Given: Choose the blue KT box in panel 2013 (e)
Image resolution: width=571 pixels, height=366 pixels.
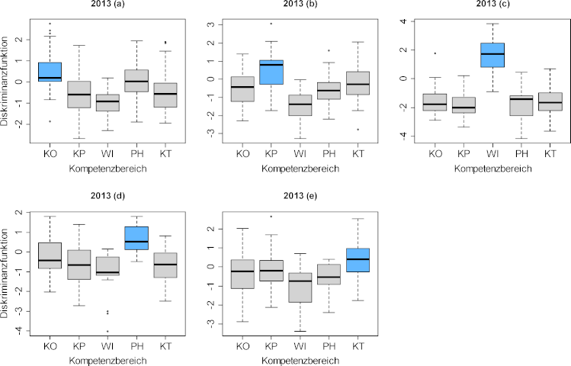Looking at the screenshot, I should pyautogui.click(x=358, y=260).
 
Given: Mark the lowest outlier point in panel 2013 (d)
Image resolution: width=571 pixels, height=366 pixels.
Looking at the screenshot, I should pyautogui.click(x=107, y=331).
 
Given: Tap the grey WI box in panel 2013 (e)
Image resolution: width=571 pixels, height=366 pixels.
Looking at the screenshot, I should pyautogui.click(x=300, y=287).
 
